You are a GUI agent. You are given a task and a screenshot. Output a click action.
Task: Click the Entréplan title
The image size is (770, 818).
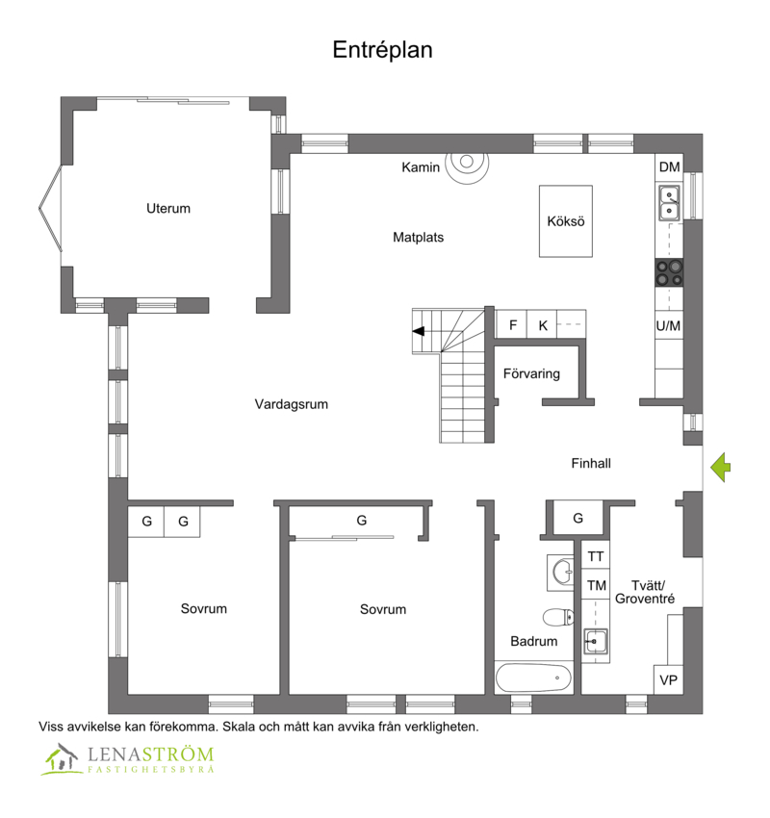382,50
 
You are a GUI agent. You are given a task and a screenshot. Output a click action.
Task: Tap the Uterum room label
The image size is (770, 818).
168,208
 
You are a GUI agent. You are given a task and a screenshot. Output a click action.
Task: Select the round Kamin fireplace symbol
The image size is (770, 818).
467,163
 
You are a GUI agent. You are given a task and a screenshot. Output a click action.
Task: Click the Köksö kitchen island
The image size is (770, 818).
566,221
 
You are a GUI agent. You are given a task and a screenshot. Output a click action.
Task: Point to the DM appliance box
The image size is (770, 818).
669,166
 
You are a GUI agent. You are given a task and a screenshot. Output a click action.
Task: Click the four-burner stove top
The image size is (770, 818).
669,272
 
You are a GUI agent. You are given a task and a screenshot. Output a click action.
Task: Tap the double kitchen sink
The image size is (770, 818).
669,203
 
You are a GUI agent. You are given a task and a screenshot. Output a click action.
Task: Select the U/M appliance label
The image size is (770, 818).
668,326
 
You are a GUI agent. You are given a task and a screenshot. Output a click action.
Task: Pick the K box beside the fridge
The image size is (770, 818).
542,324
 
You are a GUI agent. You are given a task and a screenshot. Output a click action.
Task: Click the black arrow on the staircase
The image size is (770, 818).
419,331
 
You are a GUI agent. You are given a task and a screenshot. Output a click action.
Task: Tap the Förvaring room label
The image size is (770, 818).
531,373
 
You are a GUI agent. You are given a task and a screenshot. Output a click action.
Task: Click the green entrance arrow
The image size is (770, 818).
721,468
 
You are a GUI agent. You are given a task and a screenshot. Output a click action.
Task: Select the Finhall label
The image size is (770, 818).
591,463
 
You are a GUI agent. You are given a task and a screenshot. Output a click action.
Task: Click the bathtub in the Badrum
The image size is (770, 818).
533,677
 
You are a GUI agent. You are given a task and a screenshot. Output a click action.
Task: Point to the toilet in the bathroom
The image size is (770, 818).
558,617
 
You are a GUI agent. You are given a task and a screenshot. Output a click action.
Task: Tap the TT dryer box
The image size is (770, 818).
595,556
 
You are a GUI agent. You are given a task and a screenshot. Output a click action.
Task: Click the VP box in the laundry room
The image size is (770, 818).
668,679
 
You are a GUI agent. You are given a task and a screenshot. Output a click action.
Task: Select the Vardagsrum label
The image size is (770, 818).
291,404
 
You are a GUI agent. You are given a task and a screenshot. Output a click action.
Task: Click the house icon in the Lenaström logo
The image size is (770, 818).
62,759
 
